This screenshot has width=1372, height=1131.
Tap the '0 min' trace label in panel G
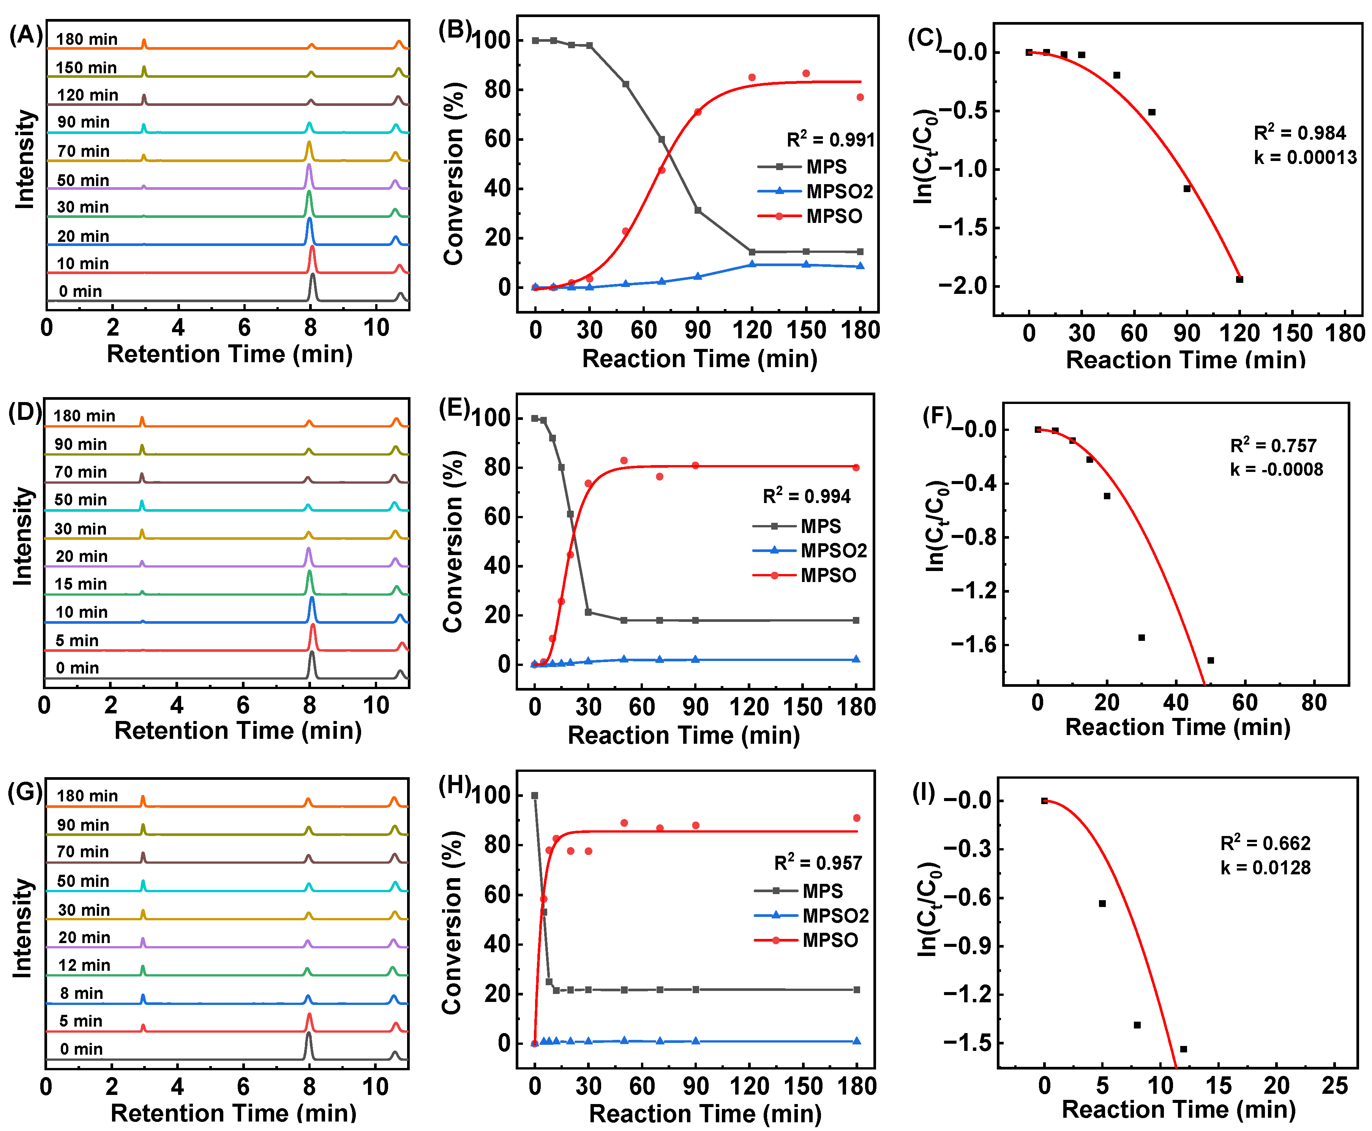[x=81, y=1049]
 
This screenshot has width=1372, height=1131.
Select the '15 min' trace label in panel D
[x=81, y=584]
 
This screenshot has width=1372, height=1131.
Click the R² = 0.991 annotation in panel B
[x=830, y=139]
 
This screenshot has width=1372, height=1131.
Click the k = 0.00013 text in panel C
[x=1306, y=158]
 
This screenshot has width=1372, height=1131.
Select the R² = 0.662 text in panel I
[x=1265, y=843]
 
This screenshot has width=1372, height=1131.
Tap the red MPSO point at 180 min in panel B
[x=860, y=97]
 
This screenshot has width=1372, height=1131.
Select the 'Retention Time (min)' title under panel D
[x=238, y=730]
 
